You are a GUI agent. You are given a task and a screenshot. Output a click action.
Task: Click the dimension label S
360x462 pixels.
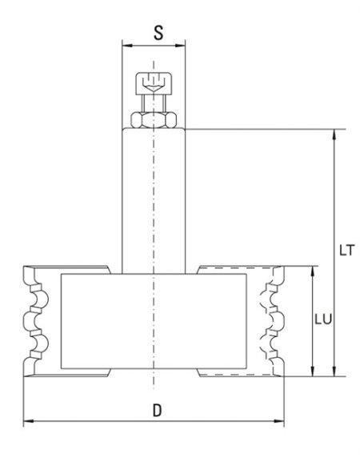pyautogui.click(x=158, y=33)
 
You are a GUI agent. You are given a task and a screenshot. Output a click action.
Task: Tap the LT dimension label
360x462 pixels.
pyautogui.click(x=346, y=250)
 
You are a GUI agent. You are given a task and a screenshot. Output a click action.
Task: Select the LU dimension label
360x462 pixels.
pyautogui.click(x=323, y=318)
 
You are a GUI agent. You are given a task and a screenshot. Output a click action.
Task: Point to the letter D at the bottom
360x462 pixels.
pyautogui.click(x=158, y=411)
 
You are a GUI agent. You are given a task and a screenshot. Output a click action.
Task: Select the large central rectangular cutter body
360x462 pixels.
pyautogui.click(x=153, y=320)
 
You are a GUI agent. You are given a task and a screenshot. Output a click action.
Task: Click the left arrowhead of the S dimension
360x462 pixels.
pyautogui.click(x=124, y=46)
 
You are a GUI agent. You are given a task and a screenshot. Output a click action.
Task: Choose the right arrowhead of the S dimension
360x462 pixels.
pyautogui.click(x=182, y=46)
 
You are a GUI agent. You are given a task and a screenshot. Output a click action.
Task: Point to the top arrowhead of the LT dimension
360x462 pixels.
pyautogui.click(x=334, y=133)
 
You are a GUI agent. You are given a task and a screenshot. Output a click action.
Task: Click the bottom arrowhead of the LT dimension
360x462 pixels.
pyautogui.click(x=334, y=372)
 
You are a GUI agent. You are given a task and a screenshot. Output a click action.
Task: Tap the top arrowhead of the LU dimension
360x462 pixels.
pyautogui.click(x=311, y=271)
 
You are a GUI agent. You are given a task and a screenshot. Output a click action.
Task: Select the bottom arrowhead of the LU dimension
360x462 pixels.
pyautogui.click(x=311, y=372)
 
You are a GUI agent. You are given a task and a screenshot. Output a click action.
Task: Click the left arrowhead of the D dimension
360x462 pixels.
pyautogui.click(x=28, y=420)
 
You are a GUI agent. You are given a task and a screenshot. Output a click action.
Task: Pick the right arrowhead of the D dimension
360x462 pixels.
pyautogui.click(x=281, y=420)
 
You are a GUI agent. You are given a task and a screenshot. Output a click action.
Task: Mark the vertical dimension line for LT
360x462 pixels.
pyautogui.click(x=334, y=200)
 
